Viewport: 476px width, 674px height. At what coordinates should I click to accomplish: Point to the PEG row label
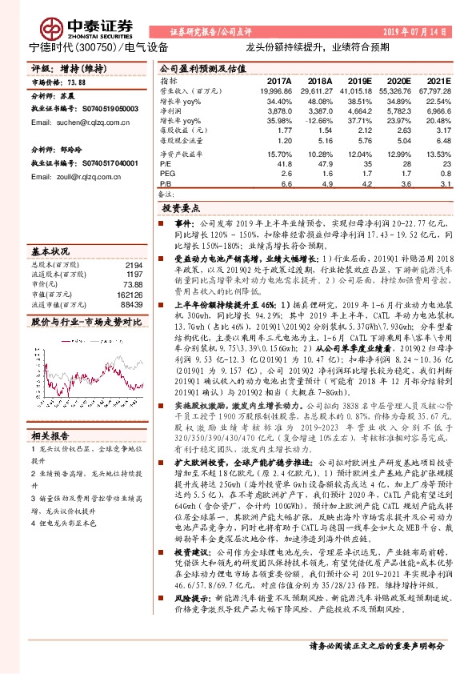(x=166, y=172)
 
